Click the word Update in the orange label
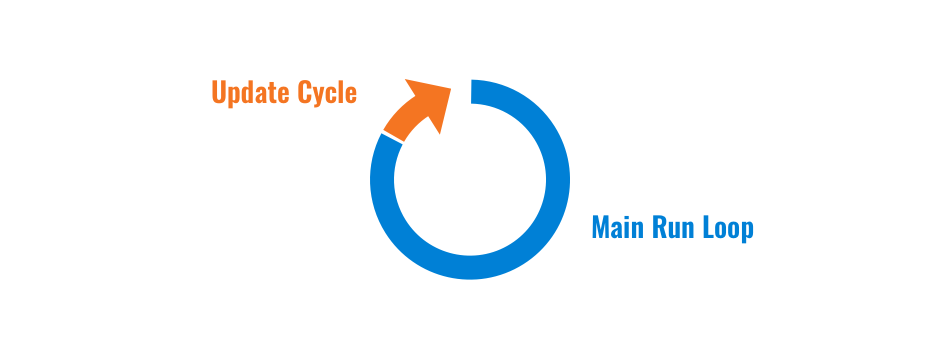250,92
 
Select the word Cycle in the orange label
327,92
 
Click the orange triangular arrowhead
429,100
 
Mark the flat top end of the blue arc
471,92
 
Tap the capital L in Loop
709,227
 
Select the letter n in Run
688,229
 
